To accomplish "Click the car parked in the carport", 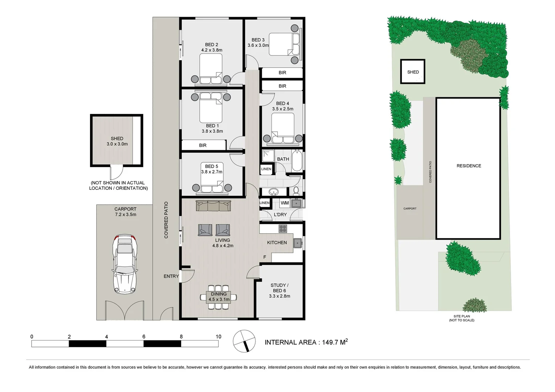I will pos(125,264).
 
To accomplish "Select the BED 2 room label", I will pos(212,45).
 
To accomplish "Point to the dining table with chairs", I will pos(219,297).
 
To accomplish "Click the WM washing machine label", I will pos(285,203).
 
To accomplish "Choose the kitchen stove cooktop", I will pos(283,229).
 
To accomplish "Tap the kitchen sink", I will pos(298,243).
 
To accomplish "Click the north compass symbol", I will pos(244,341).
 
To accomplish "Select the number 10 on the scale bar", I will pos(218,336).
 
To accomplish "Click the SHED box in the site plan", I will pos(413,72).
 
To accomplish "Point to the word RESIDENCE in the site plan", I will pos(469,166).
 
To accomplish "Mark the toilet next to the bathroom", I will pos(296,190).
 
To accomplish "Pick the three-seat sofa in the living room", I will pos(213,206).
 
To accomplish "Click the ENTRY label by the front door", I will pos(171,276).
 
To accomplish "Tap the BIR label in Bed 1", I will pos(203,145).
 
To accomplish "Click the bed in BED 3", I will pos(284,44).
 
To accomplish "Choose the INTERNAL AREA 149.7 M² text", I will pos(306,342).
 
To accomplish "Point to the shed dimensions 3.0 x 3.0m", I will pos(117,144).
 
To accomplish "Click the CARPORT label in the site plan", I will pos(410,209).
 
